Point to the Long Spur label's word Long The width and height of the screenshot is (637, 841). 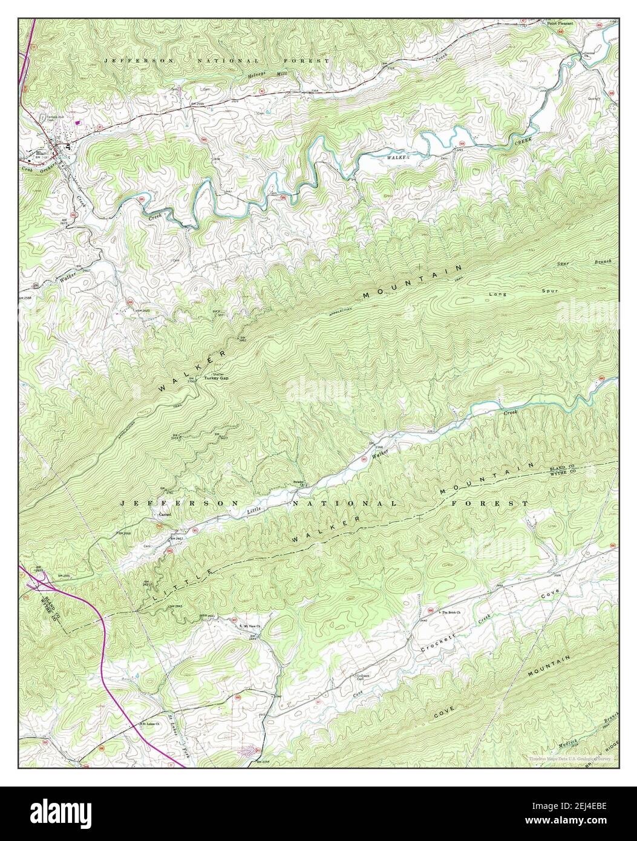click(496, 295)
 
